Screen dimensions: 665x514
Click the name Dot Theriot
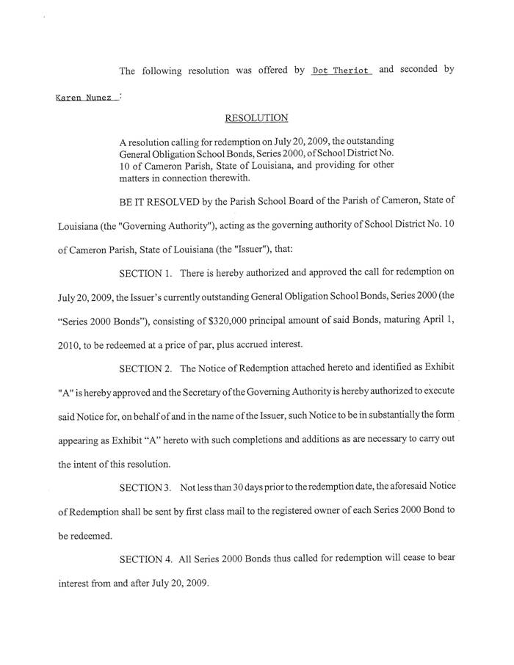point(342,70)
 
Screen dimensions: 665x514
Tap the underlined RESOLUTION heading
point(246,117)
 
